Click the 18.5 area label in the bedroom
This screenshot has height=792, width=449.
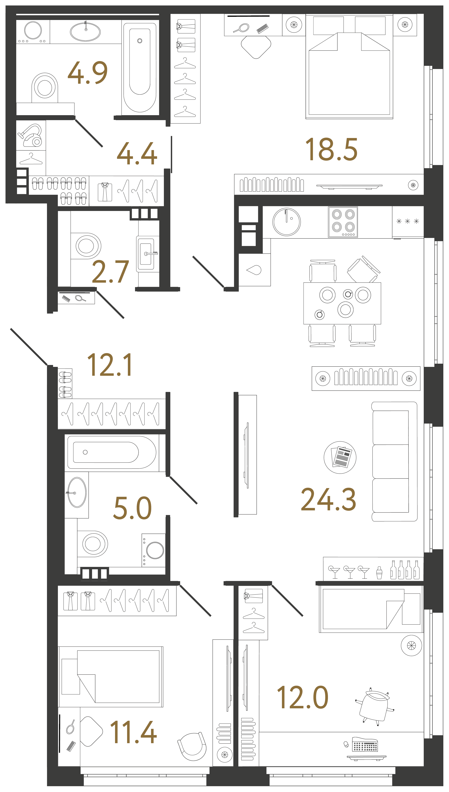pyautogui.click(x=331, y=150)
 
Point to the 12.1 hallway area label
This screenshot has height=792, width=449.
pyautogui.click(x=110, y=365)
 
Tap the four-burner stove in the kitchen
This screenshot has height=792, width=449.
pyautogui.click(x=343, y=222)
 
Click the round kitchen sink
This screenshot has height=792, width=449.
pyautogui.click(x=286, y=222)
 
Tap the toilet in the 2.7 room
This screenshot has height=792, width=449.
pyautogui.click(x=86, y=246)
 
